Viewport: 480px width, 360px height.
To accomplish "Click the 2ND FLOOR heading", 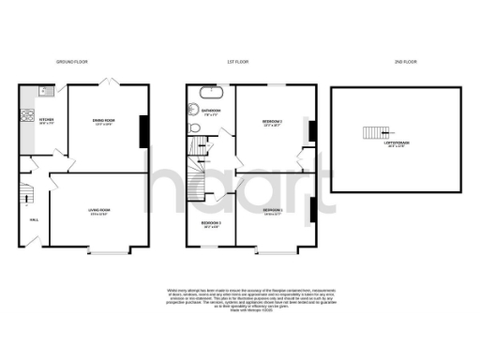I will (397, 61).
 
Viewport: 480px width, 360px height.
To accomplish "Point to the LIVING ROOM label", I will (99, 210).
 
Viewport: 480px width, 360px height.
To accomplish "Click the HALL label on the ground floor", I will (34, 220).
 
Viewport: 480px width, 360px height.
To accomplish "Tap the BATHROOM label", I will (212, 112).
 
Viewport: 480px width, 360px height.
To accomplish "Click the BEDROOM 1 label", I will (274, 210).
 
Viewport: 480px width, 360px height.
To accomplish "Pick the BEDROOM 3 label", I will (211, 223).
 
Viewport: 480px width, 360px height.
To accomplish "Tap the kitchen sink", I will (46, 92).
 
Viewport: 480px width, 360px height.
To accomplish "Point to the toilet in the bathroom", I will (194, 112).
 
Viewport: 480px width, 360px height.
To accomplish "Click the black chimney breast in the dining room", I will (143, 130).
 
